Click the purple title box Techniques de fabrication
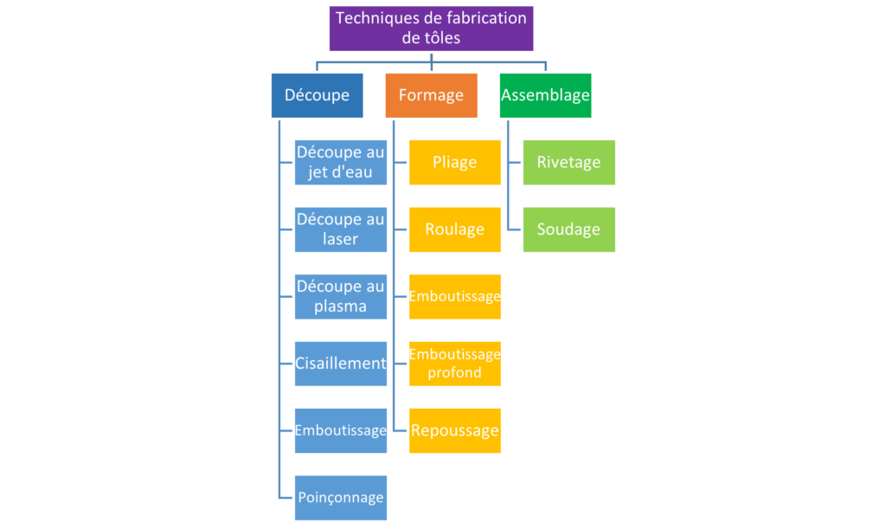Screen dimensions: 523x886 tap(431, 27)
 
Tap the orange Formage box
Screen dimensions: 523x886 tap(431, 95)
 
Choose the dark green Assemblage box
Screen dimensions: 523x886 tap(545, 95)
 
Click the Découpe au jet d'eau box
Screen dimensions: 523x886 tap(340, 162)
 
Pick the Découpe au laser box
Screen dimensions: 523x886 tap(340, 229)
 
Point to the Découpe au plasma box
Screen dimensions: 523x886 tap(340, 296)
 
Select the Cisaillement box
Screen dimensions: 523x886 tap(340, 363)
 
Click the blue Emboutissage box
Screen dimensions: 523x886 tap(340, 429)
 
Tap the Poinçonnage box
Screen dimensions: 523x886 tap(340, 497)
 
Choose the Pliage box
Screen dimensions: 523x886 tap(455, 162)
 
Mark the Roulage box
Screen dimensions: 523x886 tap(455, 229)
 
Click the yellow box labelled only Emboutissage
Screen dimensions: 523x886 tap(455, 296)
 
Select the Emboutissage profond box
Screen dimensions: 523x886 tap(455, 363)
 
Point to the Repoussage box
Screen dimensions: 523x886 tap(455, 429)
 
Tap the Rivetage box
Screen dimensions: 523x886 tap(568, 162)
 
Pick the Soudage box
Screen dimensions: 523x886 tap(568, 229)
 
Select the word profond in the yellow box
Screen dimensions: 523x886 tap(454, 373)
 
